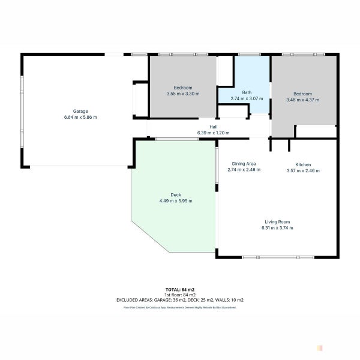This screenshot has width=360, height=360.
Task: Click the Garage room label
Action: click(80, 112)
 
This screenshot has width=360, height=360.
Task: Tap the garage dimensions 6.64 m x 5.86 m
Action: click(80, 118)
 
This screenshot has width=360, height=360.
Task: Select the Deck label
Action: click(176, 195)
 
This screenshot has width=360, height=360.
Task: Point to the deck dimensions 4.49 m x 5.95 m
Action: click(176, 201)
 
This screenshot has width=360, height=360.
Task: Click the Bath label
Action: click(247, 92)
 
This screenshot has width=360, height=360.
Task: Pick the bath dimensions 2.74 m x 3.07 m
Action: click(247, 98)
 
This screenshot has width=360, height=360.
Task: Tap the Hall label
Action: click(213, 127)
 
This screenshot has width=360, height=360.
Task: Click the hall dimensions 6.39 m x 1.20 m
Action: click(213, 133)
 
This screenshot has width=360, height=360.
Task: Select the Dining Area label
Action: click(244, 164)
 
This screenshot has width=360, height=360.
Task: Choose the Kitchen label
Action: click(303, 164)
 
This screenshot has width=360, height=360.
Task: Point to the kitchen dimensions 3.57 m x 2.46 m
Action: click(303, 170)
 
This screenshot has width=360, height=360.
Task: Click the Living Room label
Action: click(277, 222)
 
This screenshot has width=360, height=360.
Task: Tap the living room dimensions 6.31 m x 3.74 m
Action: click(277, 228)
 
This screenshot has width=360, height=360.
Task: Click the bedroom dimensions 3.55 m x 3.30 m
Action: click(183, 94)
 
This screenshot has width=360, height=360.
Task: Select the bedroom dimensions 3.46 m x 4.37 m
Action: click(302, 100)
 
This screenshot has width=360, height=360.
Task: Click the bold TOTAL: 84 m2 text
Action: click(180, 290)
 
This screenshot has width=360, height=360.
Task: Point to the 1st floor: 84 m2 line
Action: click(180, 295)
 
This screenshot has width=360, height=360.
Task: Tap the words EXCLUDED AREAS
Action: click(134, 300)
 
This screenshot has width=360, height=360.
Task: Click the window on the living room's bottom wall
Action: click(278, 257)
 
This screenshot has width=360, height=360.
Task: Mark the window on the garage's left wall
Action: click(22, 112)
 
